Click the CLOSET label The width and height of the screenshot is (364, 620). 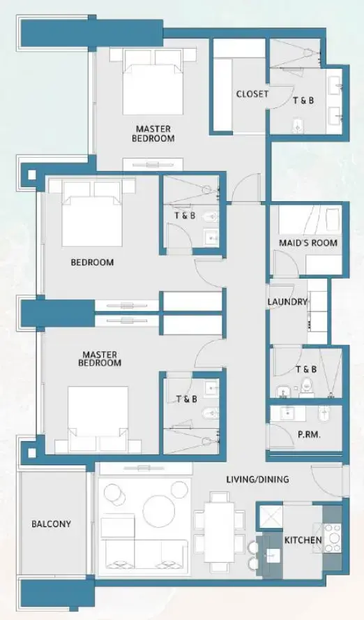[252, 94]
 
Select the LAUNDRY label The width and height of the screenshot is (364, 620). [287, 302]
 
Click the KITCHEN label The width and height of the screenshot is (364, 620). [303, 540]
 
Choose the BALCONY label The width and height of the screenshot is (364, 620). [51, 524]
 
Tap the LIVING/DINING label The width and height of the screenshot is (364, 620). [257, 480]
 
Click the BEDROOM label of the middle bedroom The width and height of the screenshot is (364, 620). [92, 263]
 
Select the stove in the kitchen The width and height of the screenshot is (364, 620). [333, 538]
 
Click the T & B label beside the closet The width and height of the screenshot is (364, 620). [303, 101]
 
